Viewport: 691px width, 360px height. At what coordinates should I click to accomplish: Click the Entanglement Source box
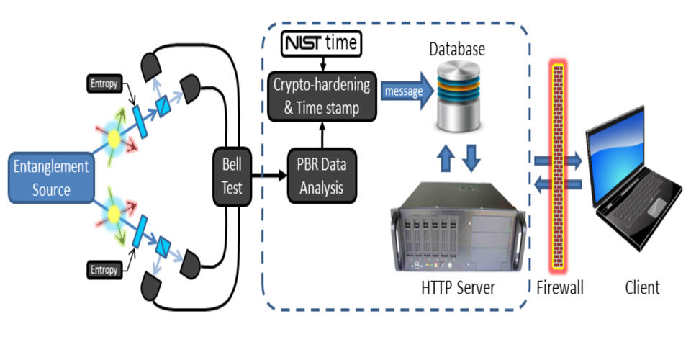coord(50,178)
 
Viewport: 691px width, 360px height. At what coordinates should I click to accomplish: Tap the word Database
coord(457,50)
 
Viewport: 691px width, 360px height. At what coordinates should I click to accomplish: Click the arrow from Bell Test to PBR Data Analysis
coord(266,176)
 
